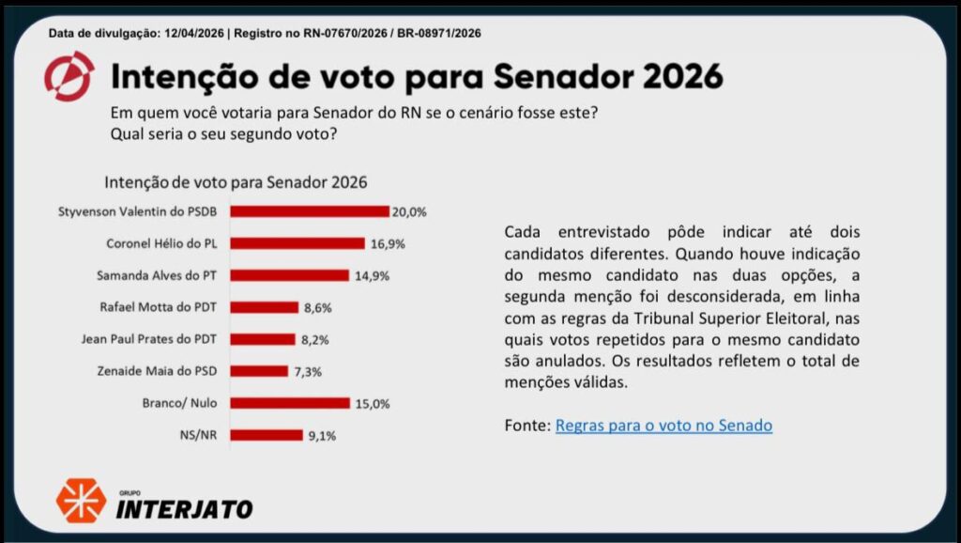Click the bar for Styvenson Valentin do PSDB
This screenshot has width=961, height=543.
click(x=310, y=211)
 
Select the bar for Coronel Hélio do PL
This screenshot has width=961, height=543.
click(x=297, y=243)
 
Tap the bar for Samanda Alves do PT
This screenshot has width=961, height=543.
click(x=289, y=275)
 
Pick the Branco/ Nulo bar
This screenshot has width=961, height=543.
click(x=290, y=403)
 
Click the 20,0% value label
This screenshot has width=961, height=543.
click(x=409, y=211)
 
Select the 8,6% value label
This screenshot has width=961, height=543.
click(x=317, y=307)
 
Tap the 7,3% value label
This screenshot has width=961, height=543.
click(x=308, y=371)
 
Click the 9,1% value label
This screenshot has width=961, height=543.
click(x=321, y=435)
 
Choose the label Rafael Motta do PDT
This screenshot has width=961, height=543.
click(x=159, y=307)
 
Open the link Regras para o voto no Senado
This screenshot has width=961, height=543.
click(x=664, y=426)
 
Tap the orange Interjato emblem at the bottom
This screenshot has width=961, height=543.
click(x=81, y=500)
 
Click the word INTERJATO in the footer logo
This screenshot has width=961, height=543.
click(x=184, y=509)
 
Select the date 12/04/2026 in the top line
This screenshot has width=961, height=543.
click(x=192, y=33)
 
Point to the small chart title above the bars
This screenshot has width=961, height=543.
click(x=236, y=181)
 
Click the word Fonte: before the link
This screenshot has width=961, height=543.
click(x=526, y=426)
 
